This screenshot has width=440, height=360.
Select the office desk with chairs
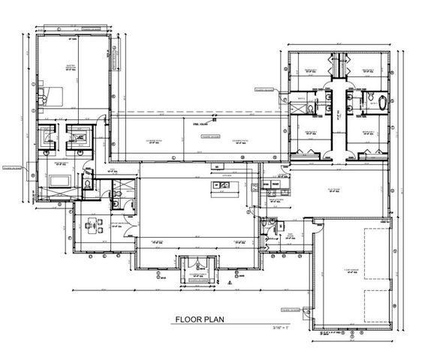pyautogui.click(x=93, y=225)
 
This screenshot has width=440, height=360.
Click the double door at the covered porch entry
pyautogui.click(x=198, y=264)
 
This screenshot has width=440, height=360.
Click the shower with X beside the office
pyautogui.click(x=116, y=200)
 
